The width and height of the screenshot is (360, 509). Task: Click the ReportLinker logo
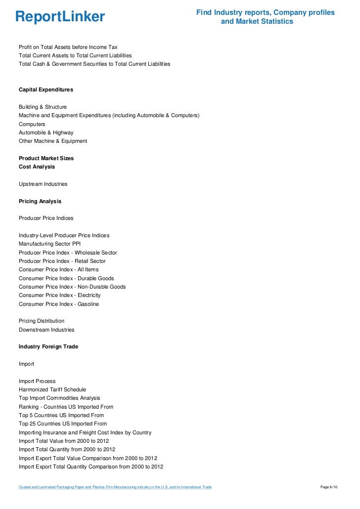coord(60,17)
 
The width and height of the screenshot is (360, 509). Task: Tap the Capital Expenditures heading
coord(46,90)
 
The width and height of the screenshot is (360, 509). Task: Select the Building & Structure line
coord(43,107)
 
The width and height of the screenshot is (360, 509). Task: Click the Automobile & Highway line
coord(46,132)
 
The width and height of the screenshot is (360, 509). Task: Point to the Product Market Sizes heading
coord(46,158)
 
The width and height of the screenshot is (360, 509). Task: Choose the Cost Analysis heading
coord(37,167)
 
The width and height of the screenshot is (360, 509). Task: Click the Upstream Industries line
coord(43,184)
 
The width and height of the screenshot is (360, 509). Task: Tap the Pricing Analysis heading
coord(40,201)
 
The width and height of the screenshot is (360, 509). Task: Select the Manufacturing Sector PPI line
coord(49,244)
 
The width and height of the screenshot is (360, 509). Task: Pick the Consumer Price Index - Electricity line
coord(59,295)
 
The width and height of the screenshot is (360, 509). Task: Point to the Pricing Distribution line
coord(42,321)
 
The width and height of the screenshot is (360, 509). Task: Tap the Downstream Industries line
coord(46,330)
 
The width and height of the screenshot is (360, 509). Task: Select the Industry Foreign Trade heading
coord(48,347)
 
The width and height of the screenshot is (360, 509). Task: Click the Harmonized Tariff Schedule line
coord(52,389)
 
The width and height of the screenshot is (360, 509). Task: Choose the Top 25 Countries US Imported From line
coord(63,424)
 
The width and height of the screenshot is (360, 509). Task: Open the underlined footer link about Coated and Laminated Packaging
coord(115,487)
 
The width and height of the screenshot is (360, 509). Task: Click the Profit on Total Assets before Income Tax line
coord(68,47)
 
